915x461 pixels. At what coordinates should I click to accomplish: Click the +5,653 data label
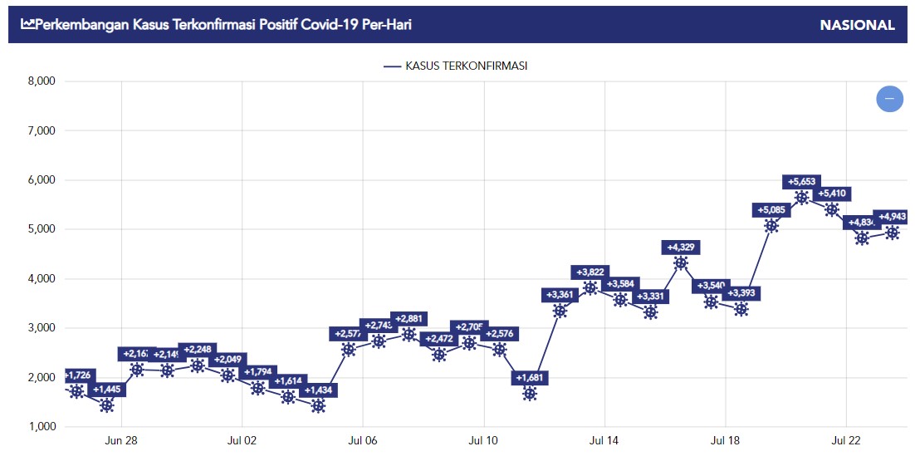point(802,182)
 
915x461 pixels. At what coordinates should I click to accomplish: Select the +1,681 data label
point(531,379)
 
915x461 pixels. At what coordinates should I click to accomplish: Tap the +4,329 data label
point(682,247)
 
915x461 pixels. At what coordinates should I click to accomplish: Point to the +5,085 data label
point(772,209)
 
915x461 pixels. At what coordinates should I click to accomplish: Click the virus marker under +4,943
point(893,233)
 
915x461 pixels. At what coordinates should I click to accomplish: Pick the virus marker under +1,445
point(106,405)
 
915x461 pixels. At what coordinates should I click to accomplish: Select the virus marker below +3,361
point(560,311)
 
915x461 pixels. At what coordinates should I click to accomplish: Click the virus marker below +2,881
point(409,334)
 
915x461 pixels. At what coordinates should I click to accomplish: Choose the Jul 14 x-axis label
point(604,440)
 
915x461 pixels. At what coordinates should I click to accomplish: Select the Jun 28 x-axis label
point(121,440)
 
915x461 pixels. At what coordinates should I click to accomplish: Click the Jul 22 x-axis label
point(846,440)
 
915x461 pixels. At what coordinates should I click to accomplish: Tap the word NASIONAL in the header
point(857,25)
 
